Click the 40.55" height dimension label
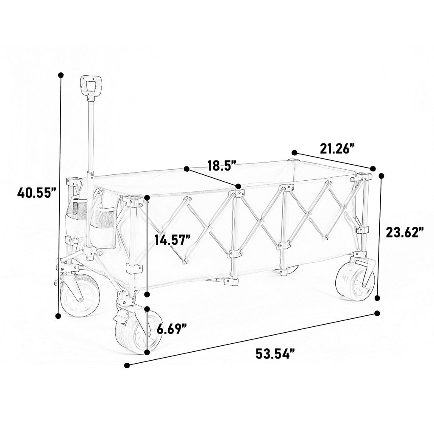[x=37, y=193]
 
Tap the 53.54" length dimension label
[x=275, y=353]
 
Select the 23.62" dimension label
[x=405, y=232]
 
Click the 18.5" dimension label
[x=222, y=165]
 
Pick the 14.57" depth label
[x=173, y=240]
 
